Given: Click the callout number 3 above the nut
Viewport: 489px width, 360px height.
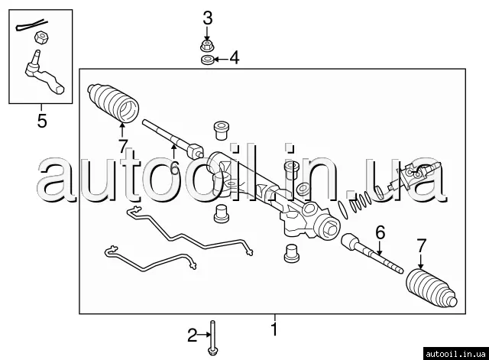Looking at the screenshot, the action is tap(208, 18).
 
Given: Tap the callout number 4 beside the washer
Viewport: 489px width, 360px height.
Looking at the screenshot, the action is tap(235, 58).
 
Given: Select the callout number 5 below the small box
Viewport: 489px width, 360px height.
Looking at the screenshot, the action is tap(42, 121).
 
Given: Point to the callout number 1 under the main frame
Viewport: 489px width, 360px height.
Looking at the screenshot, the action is tap(274, 329).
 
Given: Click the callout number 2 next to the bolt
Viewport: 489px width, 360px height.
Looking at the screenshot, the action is tap(193, 335).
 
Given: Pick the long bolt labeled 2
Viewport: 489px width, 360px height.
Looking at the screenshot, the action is tap(212, 338).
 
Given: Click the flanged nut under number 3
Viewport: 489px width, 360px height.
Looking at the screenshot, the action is tap(207, 45).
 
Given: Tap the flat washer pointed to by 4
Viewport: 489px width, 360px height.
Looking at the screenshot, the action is tap(207, 60).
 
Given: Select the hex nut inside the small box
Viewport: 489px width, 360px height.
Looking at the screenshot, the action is tap(41, 37).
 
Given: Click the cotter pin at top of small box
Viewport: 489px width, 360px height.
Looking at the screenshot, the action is tap(31, 25).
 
